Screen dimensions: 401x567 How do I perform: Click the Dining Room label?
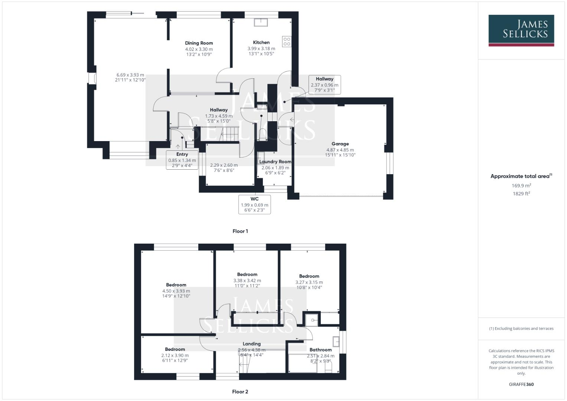[199, 43]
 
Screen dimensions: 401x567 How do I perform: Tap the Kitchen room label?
[261, 42]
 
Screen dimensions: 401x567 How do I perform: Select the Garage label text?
[340, 144]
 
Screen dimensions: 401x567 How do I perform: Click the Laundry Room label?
[275, 162]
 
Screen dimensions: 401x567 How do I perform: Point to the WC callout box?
[254, 204]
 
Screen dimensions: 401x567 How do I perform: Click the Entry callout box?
[182, 160]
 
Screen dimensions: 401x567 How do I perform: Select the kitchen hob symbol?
[287, 41]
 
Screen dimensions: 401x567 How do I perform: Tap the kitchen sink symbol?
[261, 22]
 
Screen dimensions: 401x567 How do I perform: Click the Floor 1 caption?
[240, 231]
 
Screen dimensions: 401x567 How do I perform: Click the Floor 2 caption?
[240, 391]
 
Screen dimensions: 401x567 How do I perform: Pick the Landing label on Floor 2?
[252, 344]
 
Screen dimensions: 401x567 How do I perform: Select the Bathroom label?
[320, 350]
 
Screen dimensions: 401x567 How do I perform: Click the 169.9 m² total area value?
[521, 186]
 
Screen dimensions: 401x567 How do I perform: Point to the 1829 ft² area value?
[521, 193]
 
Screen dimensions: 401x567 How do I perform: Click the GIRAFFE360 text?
[521, 384]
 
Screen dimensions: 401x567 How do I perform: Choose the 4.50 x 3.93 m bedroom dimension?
[176, 291]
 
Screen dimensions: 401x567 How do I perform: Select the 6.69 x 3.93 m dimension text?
[130, 75]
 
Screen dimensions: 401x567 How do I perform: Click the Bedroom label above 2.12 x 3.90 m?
[175, 349]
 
